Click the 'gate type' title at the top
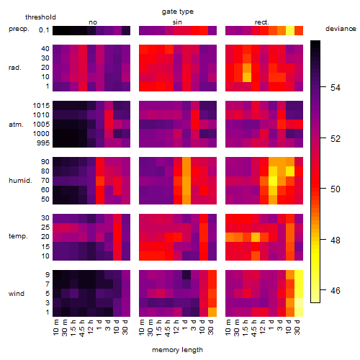[178, 12]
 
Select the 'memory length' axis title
[177, 350]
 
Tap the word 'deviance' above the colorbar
[341, 29]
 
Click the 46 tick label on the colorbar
[336, 291]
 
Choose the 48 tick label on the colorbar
[336, 240]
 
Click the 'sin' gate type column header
[177, 22]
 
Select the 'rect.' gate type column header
[262, 22]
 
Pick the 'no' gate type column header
[93, 22]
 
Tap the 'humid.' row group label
[20, 181]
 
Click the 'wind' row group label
[17, 294]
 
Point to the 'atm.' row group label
[16, 125]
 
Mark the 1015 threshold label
[41, 106]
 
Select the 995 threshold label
[43, 143]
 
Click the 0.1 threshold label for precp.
[44, 30]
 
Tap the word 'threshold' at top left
[40, 17]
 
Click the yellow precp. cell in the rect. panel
[290, 30]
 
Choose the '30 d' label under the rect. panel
[297, 327]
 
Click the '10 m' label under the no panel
[55, 328]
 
